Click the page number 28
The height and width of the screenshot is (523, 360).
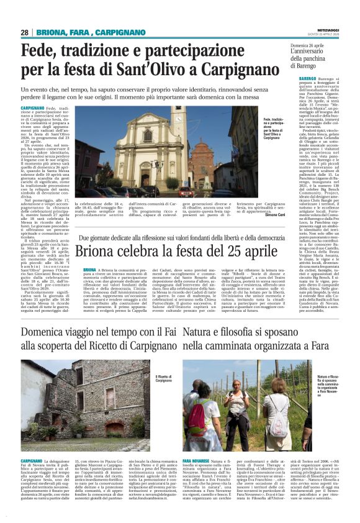(24, 32)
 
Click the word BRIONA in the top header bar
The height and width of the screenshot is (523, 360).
(48, 32)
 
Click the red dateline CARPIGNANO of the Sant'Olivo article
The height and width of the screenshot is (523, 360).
(32, 108)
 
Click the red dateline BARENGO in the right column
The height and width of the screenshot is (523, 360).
(302, 79)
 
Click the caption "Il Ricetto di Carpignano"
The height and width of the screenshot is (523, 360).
(163, 378)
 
